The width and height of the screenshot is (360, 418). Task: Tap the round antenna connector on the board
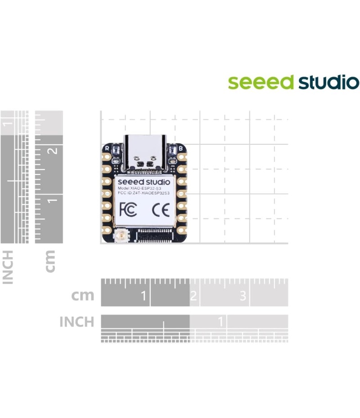tap(121, 235)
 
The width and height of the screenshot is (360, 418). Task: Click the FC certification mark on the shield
tap(128, 209)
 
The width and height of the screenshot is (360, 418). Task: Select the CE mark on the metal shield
tap(160, 209)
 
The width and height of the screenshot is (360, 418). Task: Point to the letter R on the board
tap(107, 147)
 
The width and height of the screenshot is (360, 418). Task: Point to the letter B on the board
tap(180, 147)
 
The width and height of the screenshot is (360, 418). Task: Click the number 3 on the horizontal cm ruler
tap(243, 296)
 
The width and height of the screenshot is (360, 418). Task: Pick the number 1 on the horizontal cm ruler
tap(144, 296)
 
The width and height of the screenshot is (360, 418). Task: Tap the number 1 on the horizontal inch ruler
tap(220, 322)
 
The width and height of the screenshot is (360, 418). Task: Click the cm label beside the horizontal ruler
tap(83, 295)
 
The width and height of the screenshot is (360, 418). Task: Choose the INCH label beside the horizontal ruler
tap(77, 322)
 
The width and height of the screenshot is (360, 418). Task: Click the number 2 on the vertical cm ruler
tap(54, 150)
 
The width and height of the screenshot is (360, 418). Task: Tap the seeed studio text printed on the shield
tap(144, 182)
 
